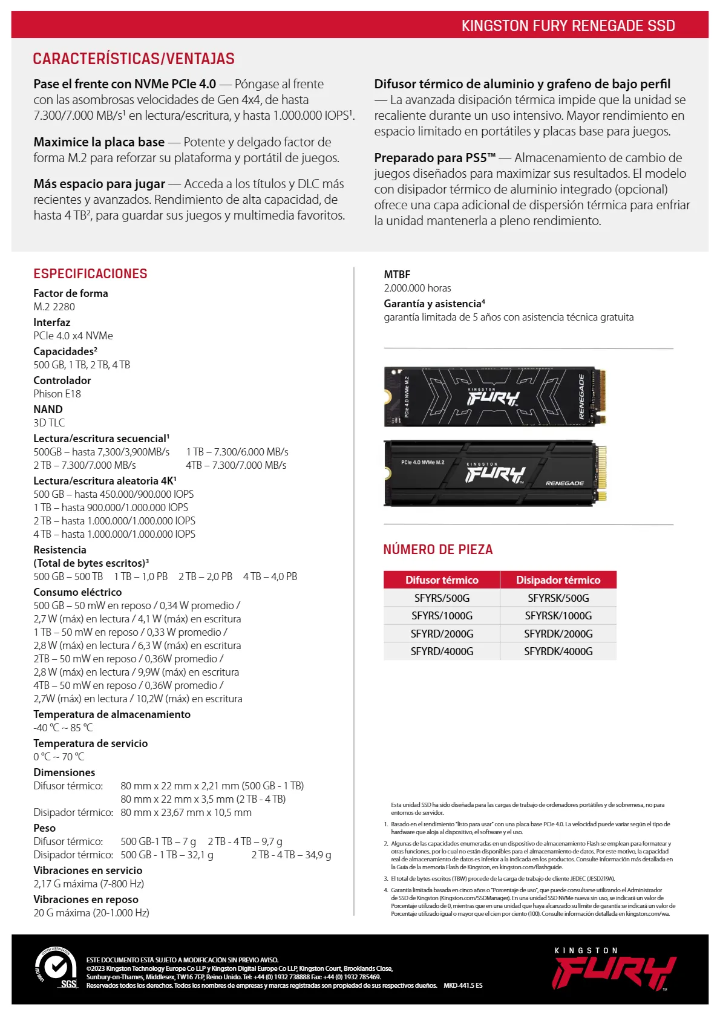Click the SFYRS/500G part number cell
coord(442,598)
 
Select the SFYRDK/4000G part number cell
coord(558,651)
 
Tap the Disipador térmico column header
coord(558,579)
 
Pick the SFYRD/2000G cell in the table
coord(442,633)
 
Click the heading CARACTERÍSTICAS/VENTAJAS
coord(134,59)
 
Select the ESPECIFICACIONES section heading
coord(90,273)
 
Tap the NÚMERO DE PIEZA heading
coord(438,549)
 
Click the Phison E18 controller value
coord(57,394)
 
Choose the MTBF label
coord(397,275)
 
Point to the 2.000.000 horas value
coord(417,288)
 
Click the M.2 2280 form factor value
coord(54,307)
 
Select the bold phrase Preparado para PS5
coord(434,158)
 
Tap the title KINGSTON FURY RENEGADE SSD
coord(568,25)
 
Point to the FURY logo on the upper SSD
coord(493,398)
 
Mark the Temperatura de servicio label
coord(90,743)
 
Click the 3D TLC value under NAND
coord(49,423)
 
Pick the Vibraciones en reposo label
coord(86,899)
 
